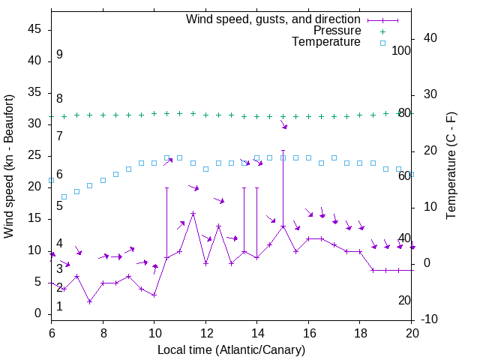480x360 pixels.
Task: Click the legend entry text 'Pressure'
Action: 337,31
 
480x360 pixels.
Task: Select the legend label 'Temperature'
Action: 326,42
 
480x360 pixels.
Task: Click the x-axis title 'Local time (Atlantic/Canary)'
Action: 231,349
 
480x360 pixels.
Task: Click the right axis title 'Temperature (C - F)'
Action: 451,166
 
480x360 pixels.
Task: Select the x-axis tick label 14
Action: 256,332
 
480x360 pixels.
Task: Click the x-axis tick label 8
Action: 103,332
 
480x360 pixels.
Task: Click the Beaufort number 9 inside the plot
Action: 59,55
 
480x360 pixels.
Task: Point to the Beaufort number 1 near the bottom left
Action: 59,307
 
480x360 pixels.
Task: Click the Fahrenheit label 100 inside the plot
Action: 402,50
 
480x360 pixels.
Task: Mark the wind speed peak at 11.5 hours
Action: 193,213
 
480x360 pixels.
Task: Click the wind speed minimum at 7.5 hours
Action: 90,301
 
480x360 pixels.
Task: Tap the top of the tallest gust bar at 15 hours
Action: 283,150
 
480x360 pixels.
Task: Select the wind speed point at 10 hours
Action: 154,295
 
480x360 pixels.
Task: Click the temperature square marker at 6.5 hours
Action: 64,196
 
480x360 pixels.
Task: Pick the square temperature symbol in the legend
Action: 382,43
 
